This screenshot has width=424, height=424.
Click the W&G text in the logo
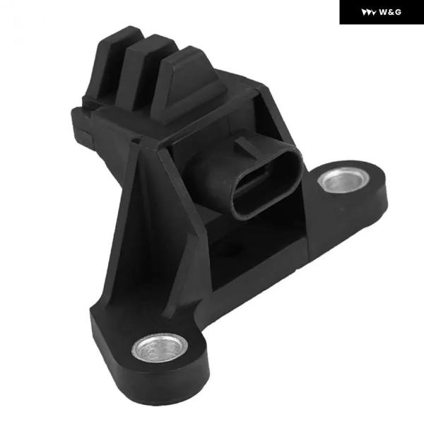pyautogui.click(x=390, y=12)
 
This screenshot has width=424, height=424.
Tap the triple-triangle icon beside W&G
pyautogui.click(x=369, y=13)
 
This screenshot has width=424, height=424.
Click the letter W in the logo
pyautogui.click(x=383, y=12)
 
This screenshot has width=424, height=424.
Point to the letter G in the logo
pyautogui.click(x=398, y=12)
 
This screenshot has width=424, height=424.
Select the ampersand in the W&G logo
pyautogui.click(x=391, y=12)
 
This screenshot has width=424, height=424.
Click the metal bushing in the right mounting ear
pyautogui.click(x=343, y=179)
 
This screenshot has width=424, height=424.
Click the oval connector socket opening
pyautogui.click(x=266, y=183)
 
